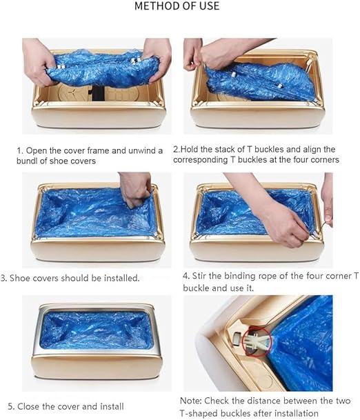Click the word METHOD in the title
[153, 6]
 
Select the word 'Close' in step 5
[28, 406]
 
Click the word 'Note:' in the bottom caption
[191, 401]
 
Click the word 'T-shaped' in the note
[197, 413]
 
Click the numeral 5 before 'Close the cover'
[10, 407]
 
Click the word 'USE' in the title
[208, 6]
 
